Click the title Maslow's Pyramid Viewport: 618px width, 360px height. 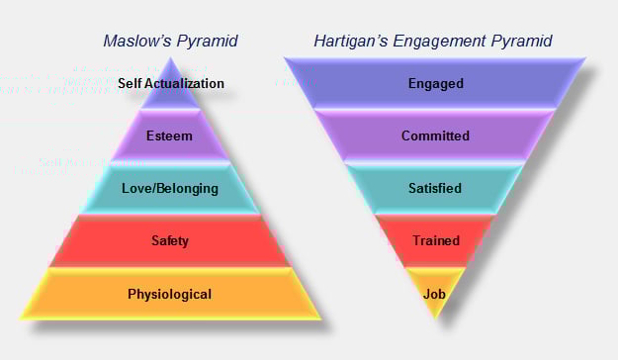point(170,42)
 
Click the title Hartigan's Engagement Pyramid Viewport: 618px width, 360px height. point(432,42)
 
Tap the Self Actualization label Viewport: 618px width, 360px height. point(171,84)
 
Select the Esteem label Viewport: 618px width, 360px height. point(170,136)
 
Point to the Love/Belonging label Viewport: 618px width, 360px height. point(170,188)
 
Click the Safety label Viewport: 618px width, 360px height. point(170,240)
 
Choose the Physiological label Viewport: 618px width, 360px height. point(170,294)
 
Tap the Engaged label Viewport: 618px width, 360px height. point(435,84)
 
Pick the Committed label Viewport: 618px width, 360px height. point(435,136)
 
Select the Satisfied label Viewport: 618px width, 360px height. point(435,188)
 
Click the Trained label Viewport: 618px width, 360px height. point(435,240)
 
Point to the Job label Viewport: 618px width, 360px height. point(435,294)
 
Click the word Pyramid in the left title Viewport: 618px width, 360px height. point(206,42)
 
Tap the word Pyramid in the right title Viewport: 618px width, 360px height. point(519,42)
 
